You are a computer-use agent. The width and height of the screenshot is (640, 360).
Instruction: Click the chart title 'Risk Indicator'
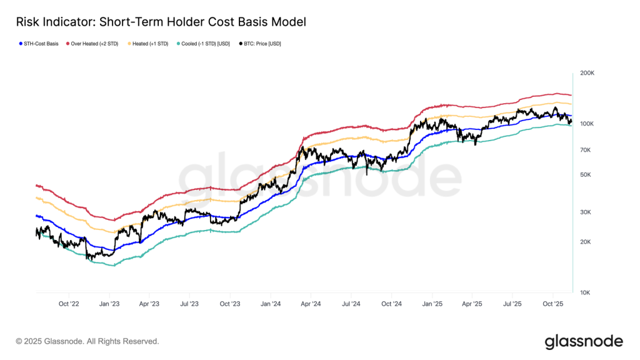point(161,22)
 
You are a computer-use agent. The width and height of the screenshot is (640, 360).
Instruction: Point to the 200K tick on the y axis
point(587,73)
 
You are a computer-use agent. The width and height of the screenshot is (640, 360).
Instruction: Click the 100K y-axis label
point(587,124)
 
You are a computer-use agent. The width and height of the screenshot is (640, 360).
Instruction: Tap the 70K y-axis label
point(586,150)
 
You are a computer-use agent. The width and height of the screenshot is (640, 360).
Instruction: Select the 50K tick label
point(586,174)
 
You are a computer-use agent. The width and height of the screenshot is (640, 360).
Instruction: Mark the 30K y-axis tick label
point(586,212)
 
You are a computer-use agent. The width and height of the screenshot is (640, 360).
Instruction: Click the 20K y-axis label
point(586,242)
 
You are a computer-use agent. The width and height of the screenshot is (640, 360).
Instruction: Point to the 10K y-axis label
point(586,292)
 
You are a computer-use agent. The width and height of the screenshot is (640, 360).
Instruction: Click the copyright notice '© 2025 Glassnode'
point(87,341)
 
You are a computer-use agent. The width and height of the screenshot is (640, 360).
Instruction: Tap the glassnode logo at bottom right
point(584,341)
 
